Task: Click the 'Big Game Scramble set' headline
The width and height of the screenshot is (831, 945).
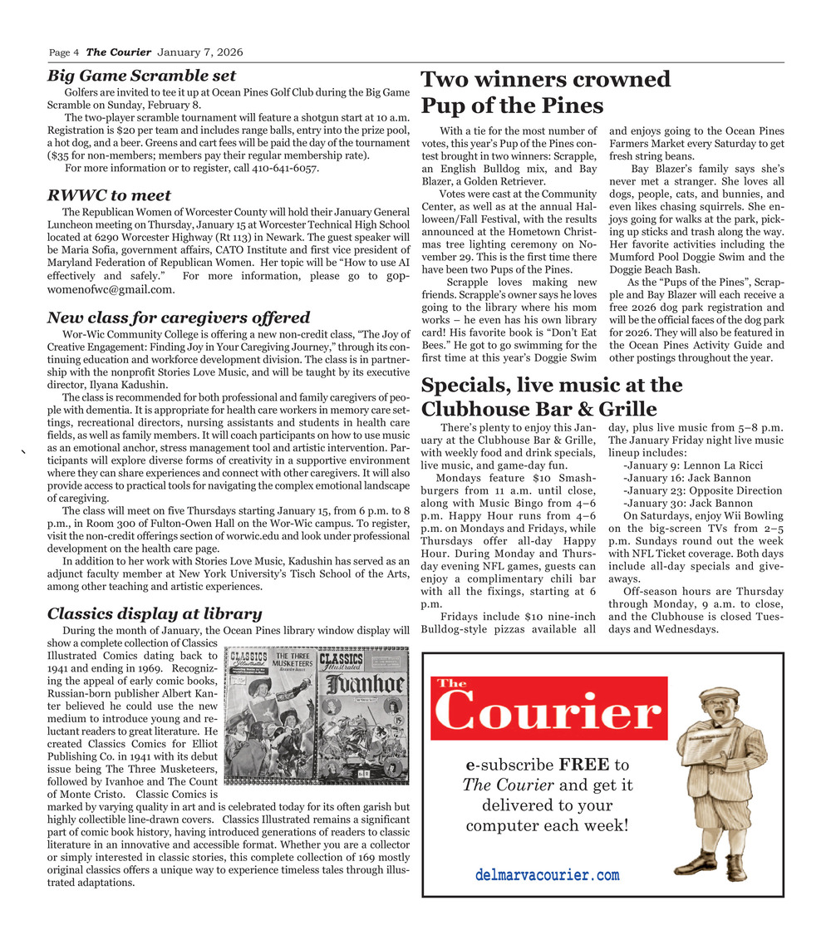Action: [x=141, y=76]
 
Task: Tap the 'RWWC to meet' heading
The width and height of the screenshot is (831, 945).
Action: [x=109, y=195]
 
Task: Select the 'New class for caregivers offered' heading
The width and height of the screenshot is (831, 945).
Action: [x=179, y=317]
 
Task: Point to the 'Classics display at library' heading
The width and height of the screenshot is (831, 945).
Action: [x=155, y=614]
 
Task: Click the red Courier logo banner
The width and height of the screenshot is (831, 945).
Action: [x=549, y=708]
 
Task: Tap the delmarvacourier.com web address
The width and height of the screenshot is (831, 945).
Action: [x=548, y=875]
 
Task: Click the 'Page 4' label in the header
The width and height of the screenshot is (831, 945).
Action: [x=64, y=53]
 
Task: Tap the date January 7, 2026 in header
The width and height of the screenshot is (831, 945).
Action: [x=195, y=53]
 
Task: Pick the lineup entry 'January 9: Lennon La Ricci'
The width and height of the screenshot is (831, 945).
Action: [x=691, y=465]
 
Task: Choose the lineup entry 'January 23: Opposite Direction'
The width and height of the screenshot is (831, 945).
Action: [x=702, y=490]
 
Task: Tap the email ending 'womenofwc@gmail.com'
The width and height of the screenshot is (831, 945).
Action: [x=111, y=289]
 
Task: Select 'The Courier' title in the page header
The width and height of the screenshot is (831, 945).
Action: [x=118, y=53]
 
